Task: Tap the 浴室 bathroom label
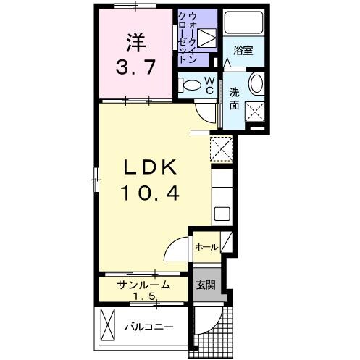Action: (x=244, y=51)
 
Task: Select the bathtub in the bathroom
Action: (x=244, y=22)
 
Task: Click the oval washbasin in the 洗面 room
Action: (x=257, y=84)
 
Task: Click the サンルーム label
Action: (x=144, y=285)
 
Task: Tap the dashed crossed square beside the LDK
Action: (x=220, y=149)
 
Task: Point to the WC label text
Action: (x=208, y=85)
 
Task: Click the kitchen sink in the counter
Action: (x=222, y=214)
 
